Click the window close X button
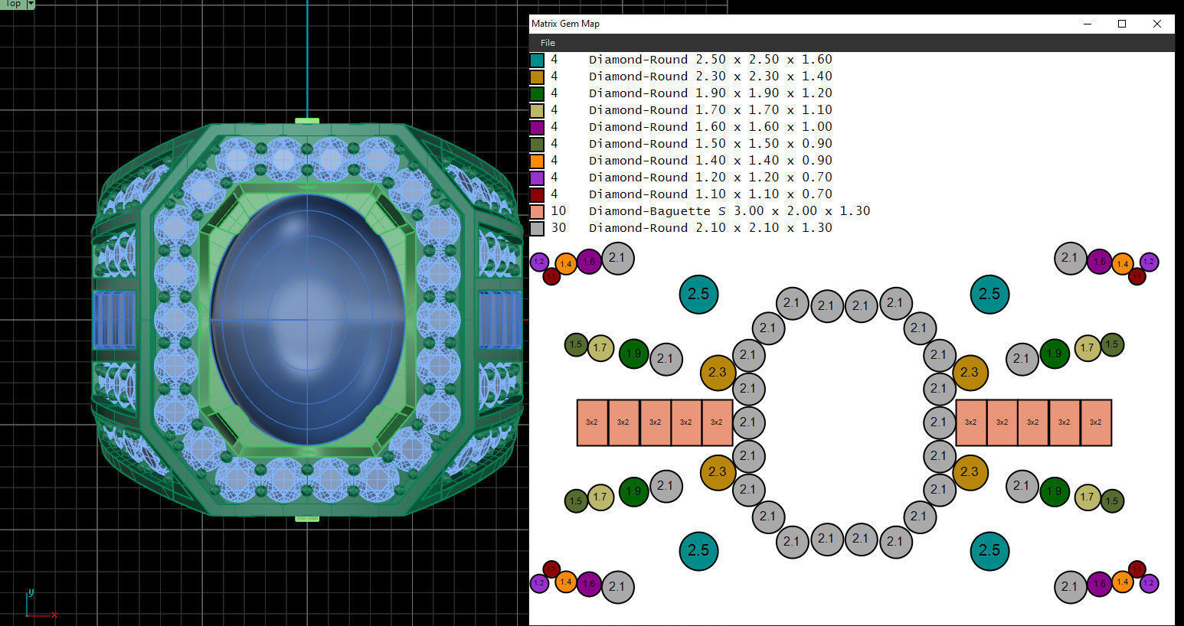[1156, 24]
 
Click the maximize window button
[1122, 24]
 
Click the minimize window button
[1088, 24]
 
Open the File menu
[547, 43]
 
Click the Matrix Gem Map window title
[565, 24]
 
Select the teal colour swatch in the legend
[537, 60]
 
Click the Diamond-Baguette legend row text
[728, 210]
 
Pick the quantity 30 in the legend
[558, 227]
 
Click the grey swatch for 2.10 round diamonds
[537, 228]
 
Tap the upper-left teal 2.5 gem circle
[698, 294]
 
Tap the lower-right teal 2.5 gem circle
[989, 550]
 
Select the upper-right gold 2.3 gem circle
[970, 373]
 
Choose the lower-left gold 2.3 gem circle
[718, 472]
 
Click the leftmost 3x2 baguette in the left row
[592, 422]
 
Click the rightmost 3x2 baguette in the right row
[1095, 422]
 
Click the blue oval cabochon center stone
[308, 320]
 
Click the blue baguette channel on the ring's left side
[114, 320]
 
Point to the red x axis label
[54, 615]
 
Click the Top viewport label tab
[13, 4]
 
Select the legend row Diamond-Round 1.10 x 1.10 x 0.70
[710, 194]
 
